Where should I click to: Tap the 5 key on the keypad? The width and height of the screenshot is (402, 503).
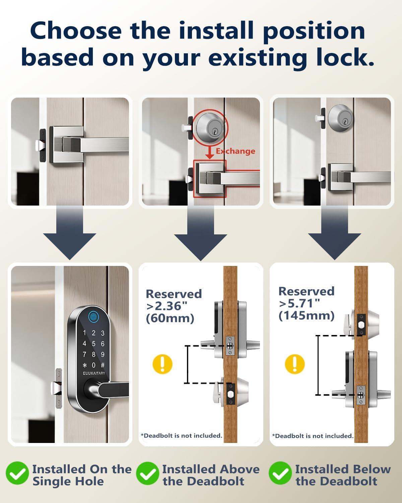point(93,344)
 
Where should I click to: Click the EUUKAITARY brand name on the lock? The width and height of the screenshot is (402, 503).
point(94,373)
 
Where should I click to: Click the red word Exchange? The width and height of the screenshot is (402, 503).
point(235,151)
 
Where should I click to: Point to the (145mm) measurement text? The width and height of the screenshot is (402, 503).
point(307,316)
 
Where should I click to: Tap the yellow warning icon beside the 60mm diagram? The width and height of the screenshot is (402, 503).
point(162,364)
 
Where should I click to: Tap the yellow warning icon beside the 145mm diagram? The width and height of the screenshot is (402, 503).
point(295,364)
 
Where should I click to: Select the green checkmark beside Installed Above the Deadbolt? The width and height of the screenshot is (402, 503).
point(147,473)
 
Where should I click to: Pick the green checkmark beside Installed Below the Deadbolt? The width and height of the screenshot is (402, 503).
point(280,473)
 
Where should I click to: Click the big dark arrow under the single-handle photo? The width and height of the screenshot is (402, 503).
point(70,233)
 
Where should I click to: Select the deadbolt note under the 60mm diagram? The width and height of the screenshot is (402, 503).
point(182,436)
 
